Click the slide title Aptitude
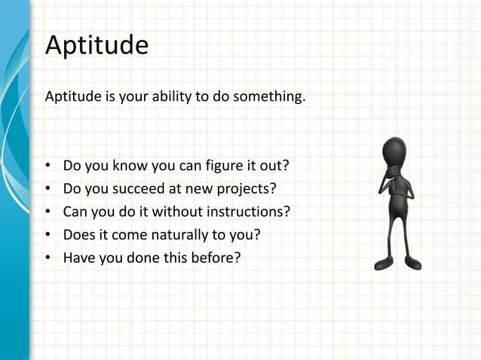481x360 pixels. click(x=97, y=46)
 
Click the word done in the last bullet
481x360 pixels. click(x=156, y=258)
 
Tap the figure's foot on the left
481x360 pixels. click(x=384, y=264)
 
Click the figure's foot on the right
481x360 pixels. click(x=412, y=263)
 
